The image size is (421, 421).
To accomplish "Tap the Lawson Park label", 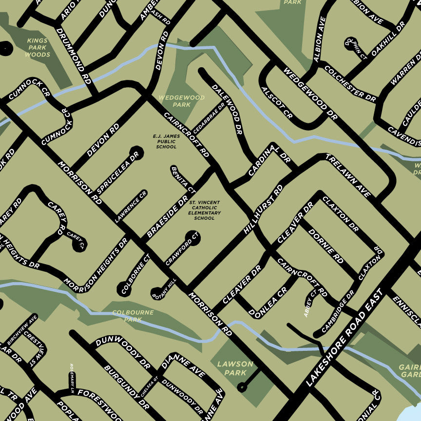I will (235, 368).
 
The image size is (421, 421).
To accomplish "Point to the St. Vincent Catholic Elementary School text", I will (204, 210).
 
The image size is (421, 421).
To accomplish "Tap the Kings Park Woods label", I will (38, 47).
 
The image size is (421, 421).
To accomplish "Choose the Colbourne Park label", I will (133, 316).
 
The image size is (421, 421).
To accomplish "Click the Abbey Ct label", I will (310, 303).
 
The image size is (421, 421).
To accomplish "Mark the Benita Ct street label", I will (183, 179).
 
